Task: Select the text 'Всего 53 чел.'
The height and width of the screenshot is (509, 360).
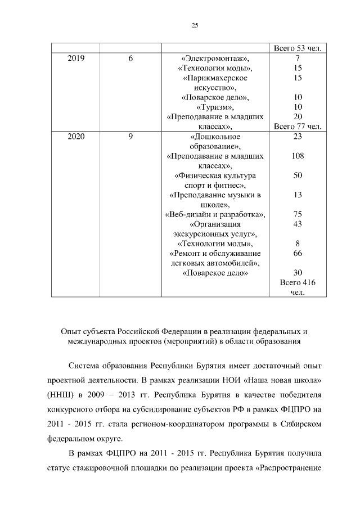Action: (x=297, y=48)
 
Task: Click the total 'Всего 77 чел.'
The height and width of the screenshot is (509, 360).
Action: (x=297, y=127)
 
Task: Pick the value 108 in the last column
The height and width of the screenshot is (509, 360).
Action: (x=298, y=156)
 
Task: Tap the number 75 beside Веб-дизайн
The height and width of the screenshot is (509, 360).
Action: (x=298, y=214)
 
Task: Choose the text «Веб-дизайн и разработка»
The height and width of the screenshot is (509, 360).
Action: (x=215, y=214)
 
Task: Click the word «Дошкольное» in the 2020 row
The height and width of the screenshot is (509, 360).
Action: (x=215, y=136)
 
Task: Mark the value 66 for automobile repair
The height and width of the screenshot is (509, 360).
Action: (x=298, y=253)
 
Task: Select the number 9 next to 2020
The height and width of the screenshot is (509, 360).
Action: (x=130, y=136)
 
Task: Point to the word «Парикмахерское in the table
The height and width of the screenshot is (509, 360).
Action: (x=215, y=78)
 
